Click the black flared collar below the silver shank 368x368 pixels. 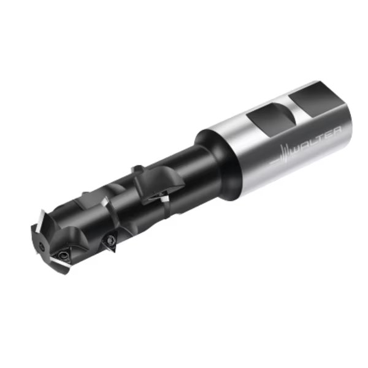coord(216,164)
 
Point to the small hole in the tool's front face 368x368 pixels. coord(42,246)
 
